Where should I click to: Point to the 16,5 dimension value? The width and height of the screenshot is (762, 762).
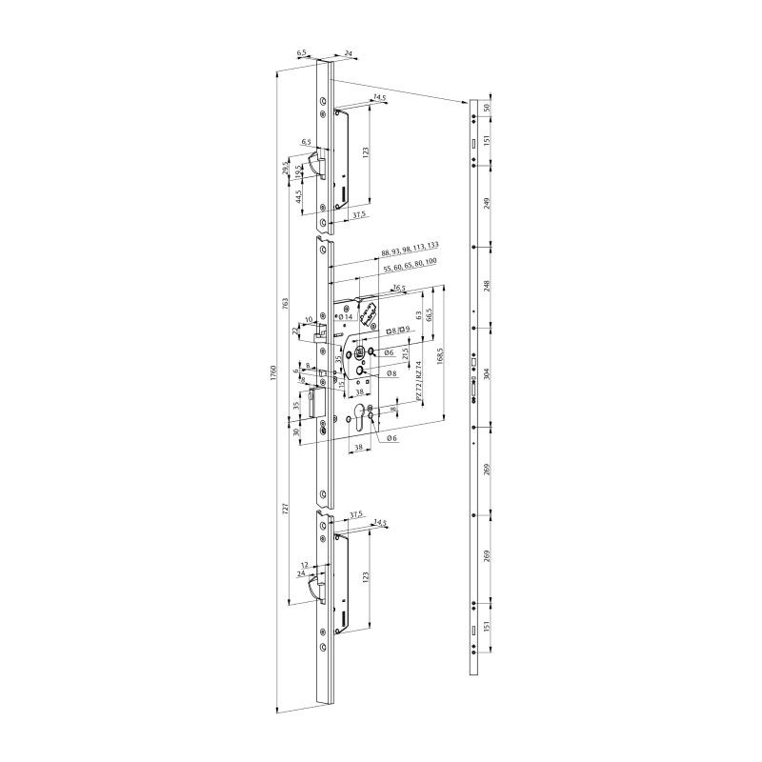tap(399, 287)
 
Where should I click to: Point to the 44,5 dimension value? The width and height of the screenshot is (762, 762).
tap(298, 196)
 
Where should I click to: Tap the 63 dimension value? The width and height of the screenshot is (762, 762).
tap(418, 314)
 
